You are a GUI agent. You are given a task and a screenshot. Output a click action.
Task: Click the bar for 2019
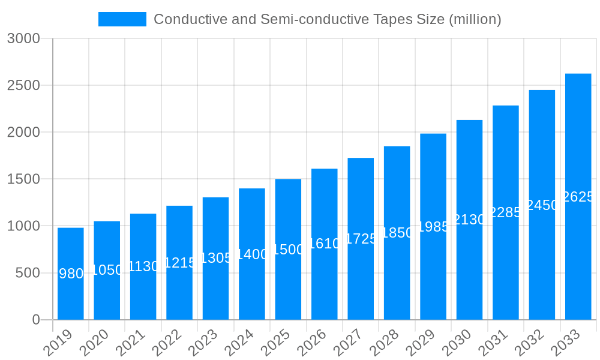tap(71, 274)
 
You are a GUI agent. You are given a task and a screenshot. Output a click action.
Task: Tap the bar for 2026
tap(325, 244)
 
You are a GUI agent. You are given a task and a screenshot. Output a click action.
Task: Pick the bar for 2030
tap(469, 220)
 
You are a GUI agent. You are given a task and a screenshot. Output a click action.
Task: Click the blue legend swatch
tap(122, 19)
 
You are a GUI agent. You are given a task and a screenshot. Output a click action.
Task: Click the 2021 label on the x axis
tap(131, 344)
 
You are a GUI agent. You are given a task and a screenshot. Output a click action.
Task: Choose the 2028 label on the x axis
tap(385, 344)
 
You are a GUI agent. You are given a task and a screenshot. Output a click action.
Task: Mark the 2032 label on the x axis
tap(530, 344)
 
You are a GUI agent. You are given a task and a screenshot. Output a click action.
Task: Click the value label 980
tap(71, 274)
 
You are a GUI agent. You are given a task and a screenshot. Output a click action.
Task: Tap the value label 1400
tap(252, 254)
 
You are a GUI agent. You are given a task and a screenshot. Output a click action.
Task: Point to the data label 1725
tap(361, 239)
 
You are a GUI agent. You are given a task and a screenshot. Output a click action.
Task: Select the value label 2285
tap(506, 212)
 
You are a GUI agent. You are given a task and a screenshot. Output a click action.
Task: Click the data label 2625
tap(578, 197)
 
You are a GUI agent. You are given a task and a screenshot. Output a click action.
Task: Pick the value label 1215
tap(179, 263)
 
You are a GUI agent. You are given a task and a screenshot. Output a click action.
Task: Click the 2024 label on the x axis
tap(239, 344)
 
